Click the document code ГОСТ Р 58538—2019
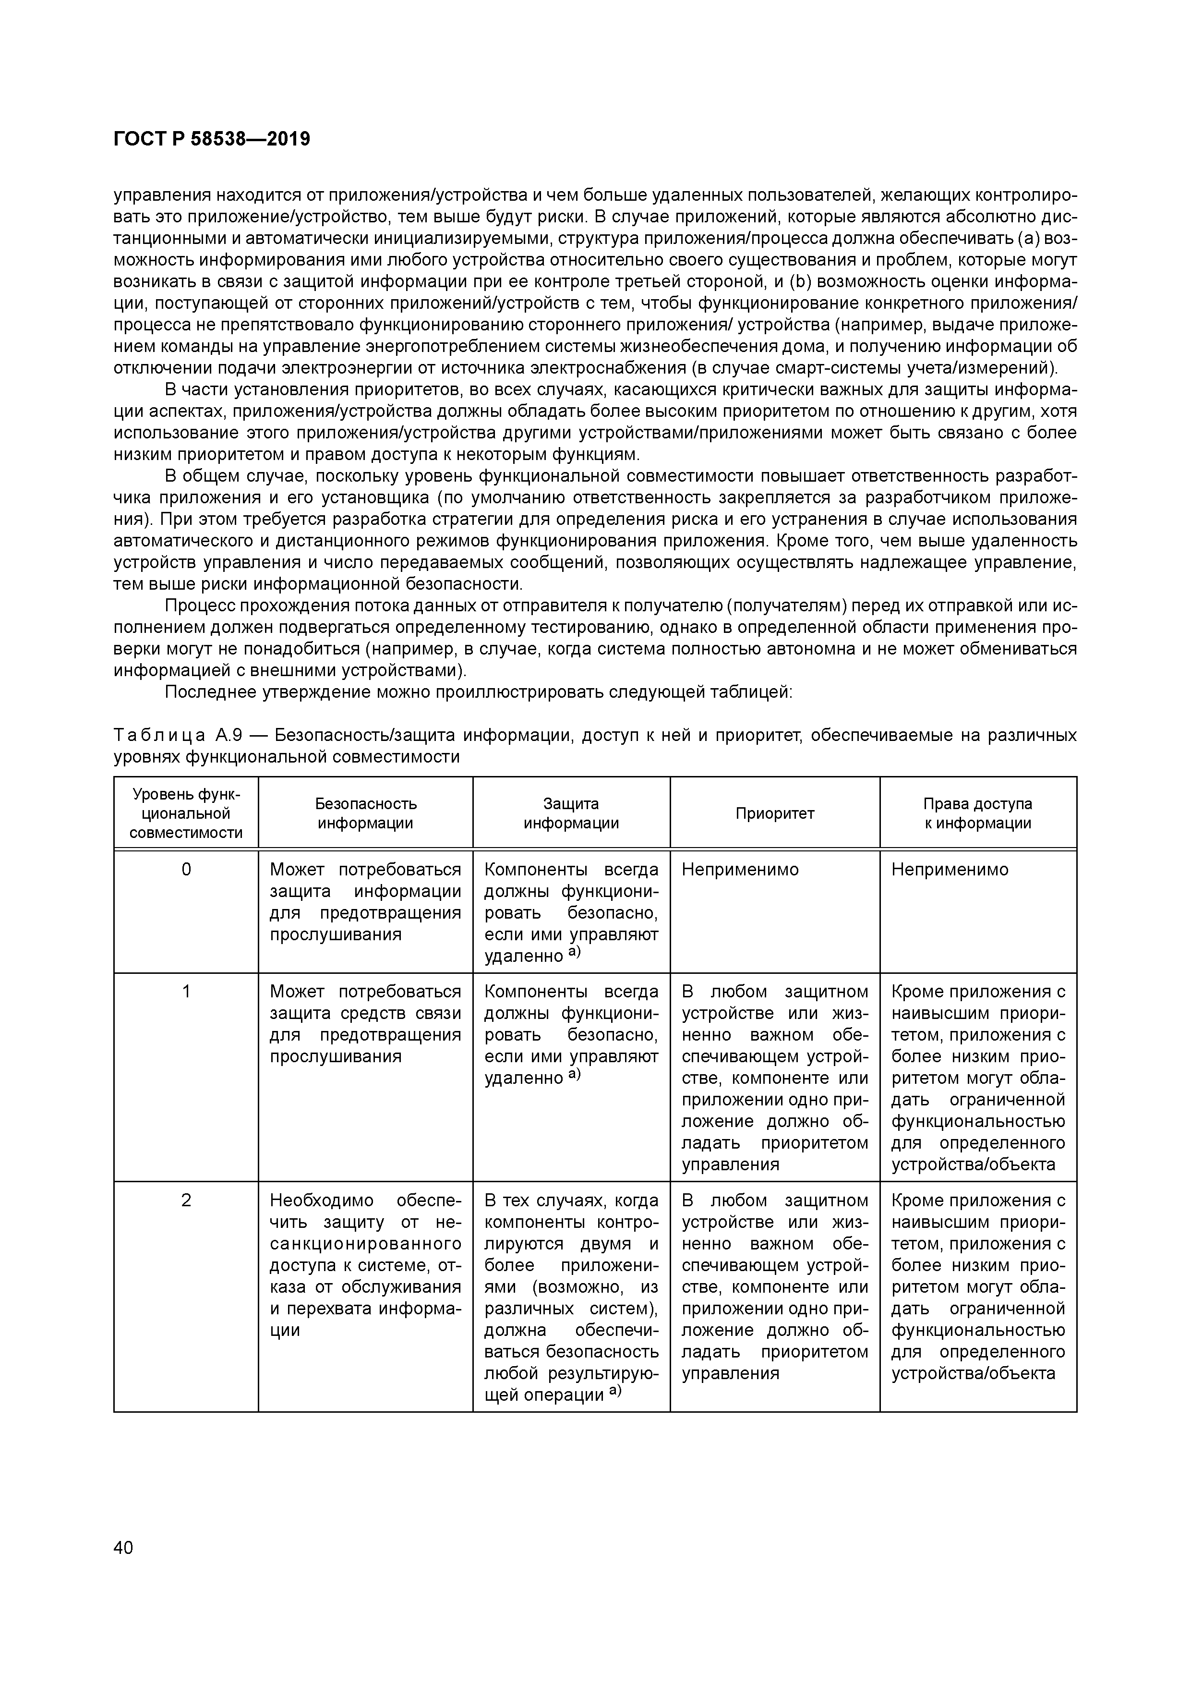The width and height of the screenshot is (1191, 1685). [212, 139]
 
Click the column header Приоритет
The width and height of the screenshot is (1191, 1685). [774, 813]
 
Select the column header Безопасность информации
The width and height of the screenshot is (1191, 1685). [365, 813]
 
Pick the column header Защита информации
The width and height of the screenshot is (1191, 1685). [571, 813]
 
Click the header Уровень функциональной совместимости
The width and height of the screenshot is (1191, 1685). [186, 813]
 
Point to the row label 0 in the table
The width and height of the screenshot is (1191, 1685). [186, 870]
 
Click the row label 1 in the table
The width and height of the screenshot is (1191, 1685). [186, 992]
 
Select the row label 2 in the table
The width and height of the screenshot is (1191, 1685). [186, 1200]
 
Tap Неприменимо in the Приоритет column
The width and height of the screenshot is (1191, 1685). [740, 870]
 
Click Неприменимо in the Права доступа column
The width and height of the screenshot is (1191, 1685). [950, 870]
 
